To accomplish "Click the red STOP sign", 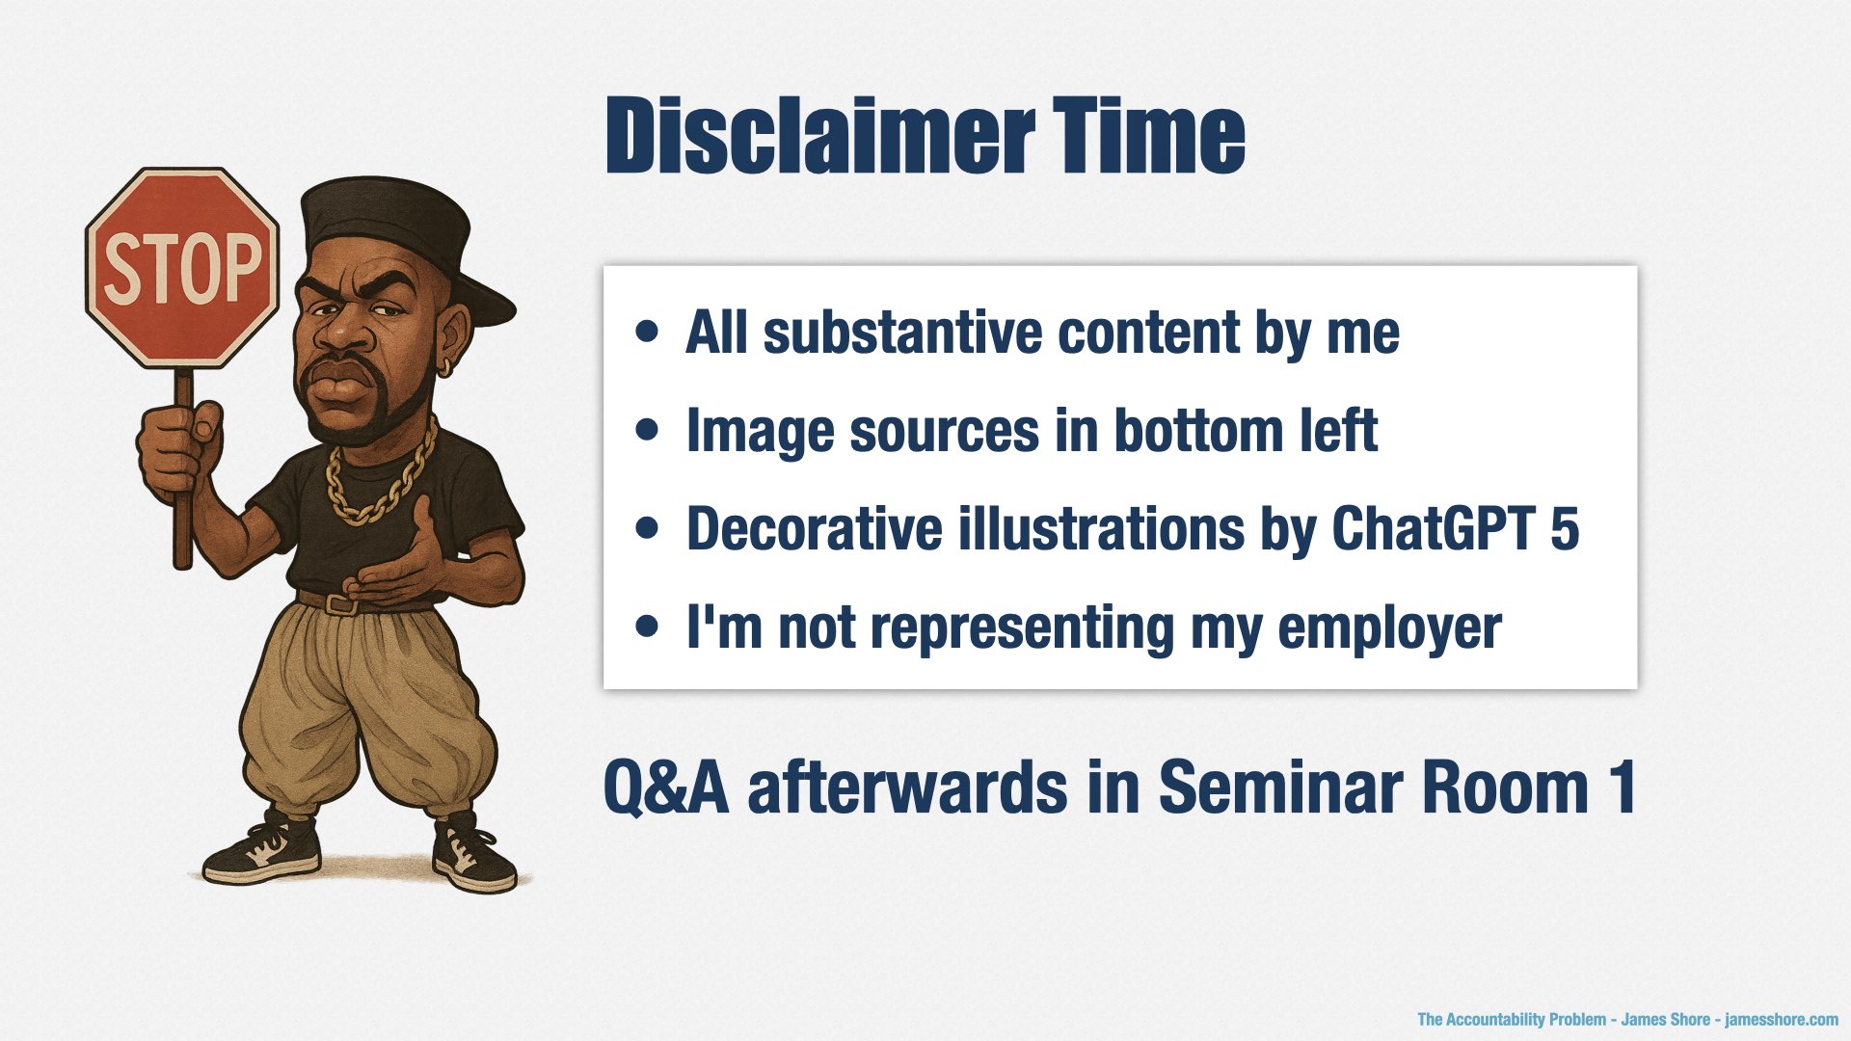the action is (182, 267).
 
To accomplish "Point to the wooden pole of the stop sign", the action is (183, 472).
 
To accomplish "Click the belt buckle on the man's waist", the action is (338, 604).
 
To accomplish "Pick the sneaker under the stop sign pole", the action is (259, 848).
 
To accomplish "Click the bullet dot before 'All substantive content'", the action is (648, 333).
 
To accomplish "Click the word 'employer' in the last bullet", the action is (1389, 628).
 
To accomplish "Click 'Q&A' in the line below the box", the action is (665, 787).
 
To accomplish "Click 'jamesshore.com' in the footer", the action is (1782, 1020).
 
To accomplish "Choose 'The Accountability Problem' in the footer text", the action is (1512, 1020).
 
